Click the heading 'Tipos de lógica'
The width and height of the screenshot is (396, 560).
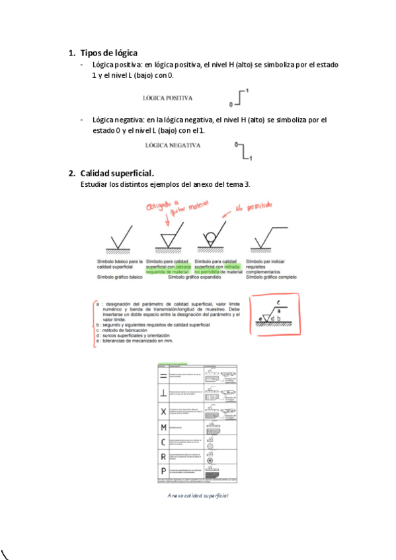108,52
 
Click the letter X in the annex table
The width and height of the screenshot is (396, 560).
163,411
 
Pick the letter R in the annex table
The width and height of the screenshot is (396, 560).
163,456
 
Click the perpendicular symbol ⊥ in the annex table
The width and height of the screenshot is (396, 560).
163,392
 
